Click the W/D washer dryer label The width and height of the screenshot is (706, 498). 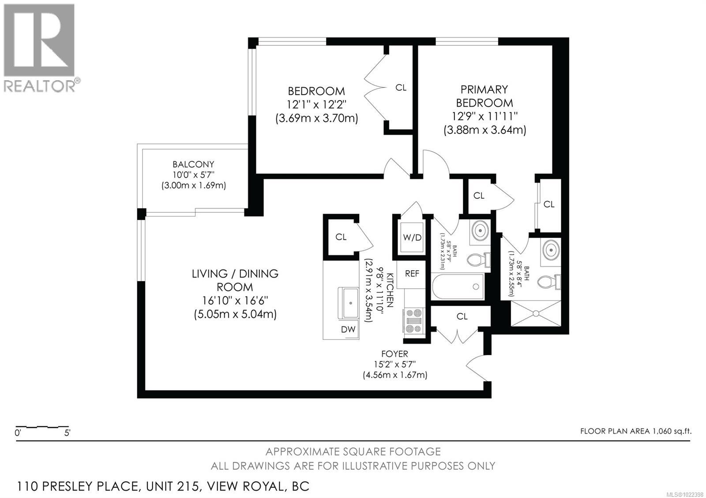click(x=412, y=238)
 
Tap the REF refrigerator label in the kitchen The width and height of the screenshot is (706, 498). click(x=412, y=274)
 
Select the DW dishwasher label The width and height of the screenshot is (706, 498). click(x=348, y=329)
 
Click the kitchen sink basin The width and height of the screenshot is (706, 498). click(x=350, y=303)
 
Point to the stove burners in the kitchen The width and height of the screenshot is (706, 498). click(x=414, y=320)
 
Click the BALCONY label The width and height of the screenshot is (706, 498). click(x=193, y=164)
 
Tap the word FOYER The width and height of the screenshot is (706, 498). click(x=394, y=353)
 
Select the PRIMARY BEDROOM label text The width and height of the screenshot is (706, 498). click(x=484, y=96)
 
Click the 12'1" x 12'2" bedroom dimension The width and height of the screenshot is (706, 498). click(x=316, y=105)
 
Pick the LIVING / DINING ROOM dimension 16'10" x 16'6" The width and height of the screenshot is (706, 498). click(x=235, y=301)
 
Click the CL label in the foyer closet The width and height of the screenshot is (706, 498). click(x=462, y=316)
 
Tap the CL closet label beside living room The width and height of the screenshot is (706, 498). click(x=341, y=237)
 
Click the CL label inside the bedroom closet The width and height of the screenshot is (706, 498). click(x=401, y=88)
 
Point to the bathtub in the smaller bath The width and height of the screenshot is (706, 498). click(x=458, y=286)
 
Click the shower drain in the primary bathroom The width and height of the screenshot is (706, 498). click(x=536, y=313)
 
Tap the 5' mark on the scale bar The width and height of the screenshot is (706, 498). click(x=67, y=433)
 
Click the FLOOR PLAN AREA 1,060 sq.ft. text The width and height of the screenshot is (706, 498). click(x=635, y=431)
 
